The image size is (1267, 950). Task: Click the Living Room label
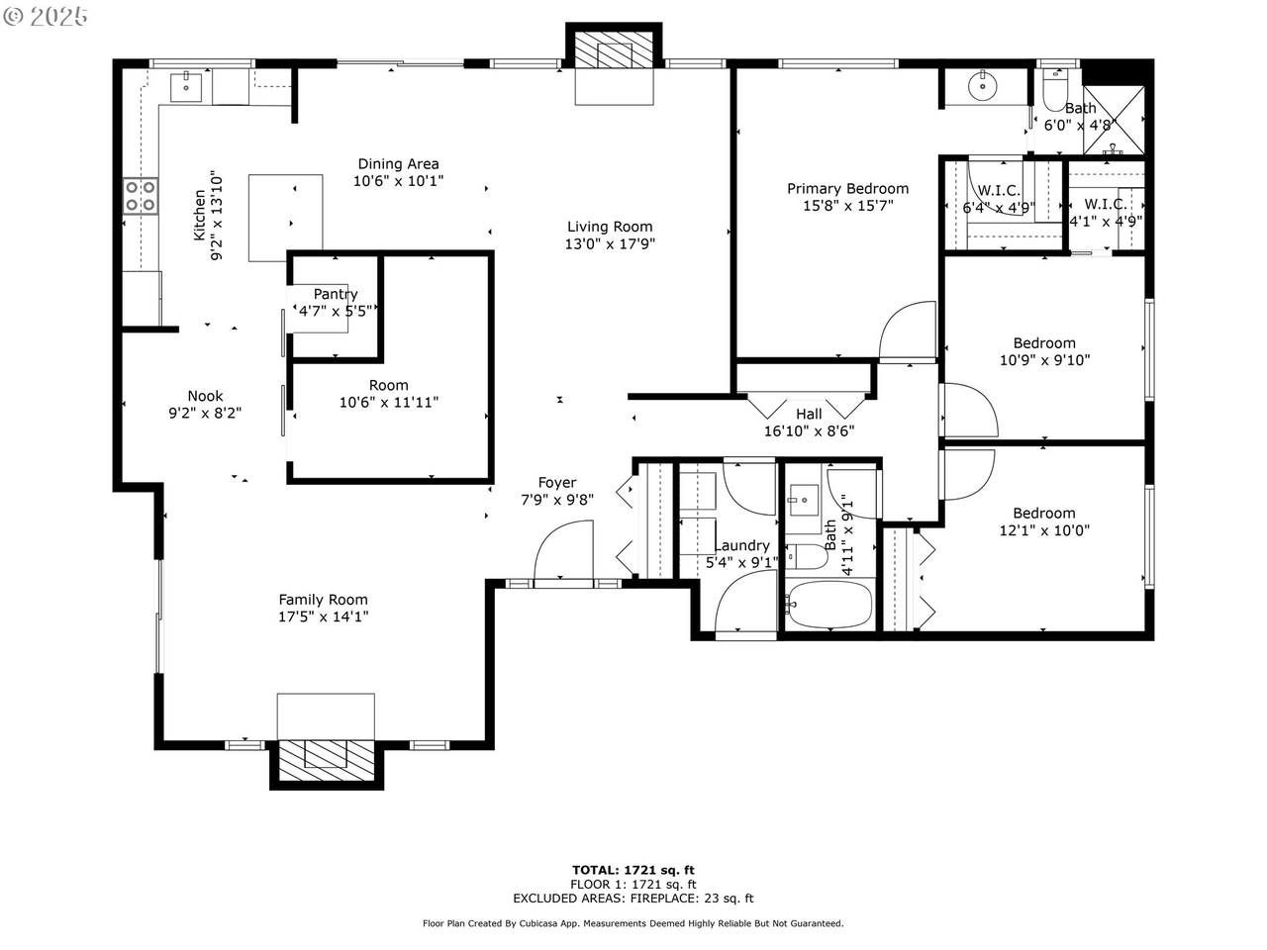click(x=610, y=227)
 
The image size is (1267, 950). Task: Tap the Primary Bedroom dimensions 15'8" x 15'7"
click(x=848, y=206)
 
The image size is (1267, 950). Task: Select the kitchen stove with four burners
click(x=141, y=196)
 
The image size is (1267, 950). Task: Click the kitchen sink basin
click(x=186, y=86)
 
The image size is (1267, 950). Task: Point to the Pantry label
click(x=336, y=294)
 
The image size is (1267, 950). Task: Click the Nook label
click(x=205, y=396)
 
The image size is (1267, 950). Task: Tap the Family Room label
click(x=324, y=600)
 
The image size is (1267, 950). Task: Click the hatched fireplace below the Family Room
click(x=326, y=759)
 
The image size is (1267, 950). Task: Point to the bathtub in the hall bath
click(x=828, y=604)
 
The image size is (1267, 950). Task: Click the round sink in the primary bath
click(x=983, y=87)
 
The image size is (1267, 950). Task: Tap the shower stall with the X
click(x=1114, y=120)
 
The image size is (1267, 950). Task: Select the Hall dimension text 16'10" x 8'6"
click(x=810, y=431)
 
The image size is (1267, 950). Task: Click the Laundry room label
click(x=742, y=545)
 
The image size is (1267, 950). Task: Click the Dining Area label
click(x=398, y=164)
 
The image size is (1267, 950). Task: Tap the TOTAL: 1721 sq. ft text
click(x=633, y=871)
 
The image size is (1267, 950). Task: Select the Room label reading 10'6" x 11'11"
click(x=388, y=394)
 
